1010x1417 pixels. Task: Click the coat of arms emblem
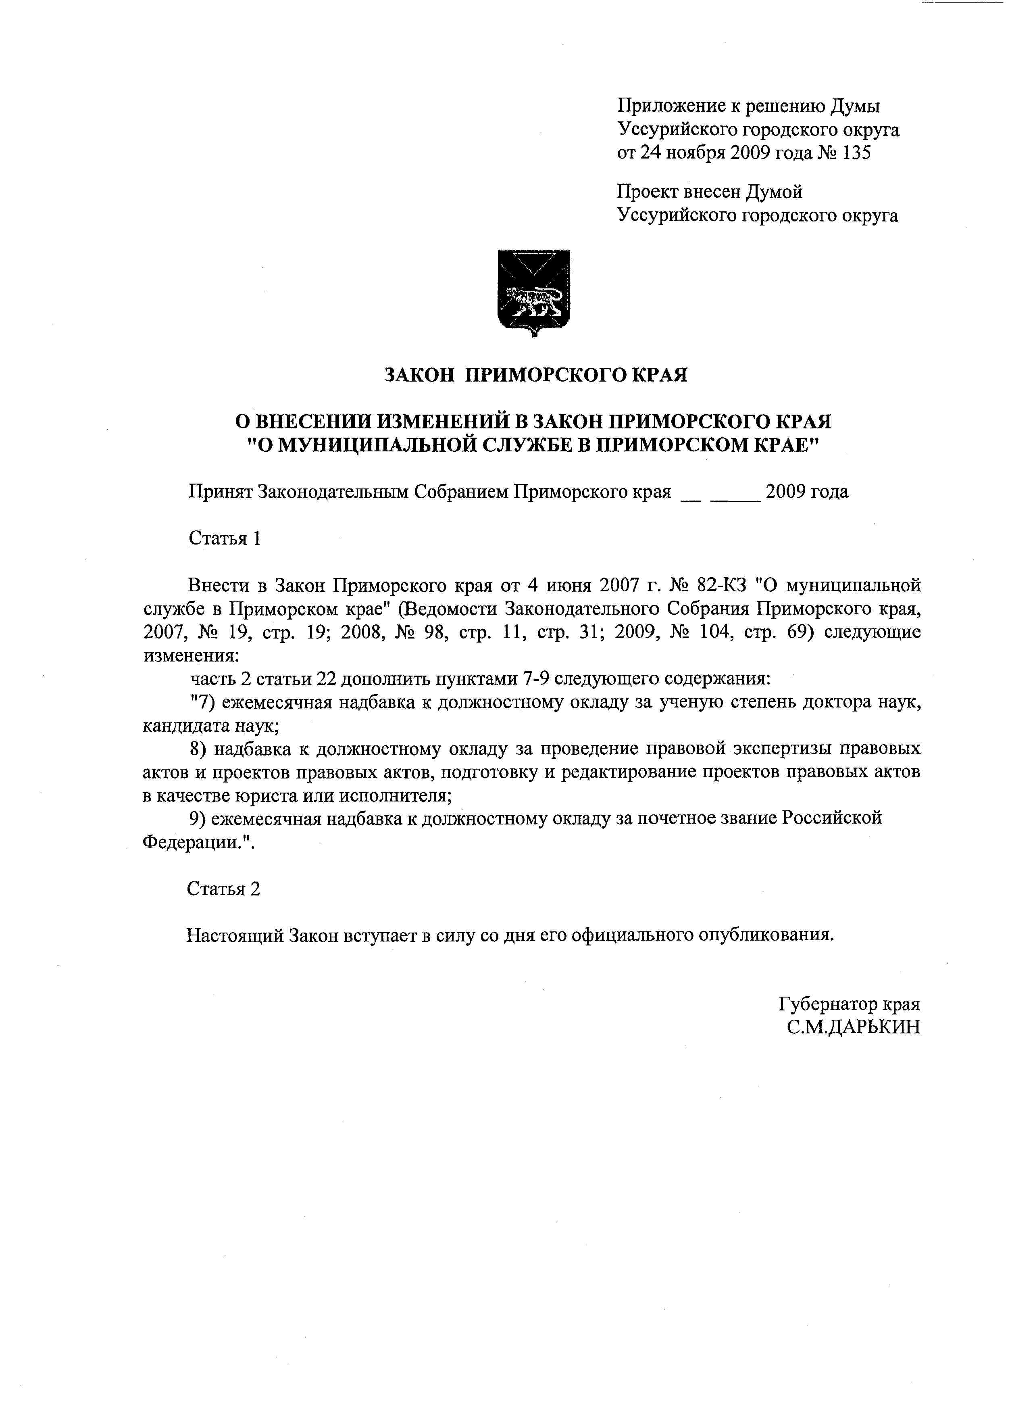point(534,292)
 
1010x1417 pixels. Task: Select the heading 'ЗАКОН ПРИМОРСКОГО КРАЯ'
point(536,375)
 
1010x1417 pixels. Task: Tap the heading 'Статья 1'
point(224,538)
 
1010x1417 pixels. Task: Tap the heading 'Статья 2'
point(223,889)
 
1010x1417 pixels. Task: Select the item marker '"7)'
point(202,702)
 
